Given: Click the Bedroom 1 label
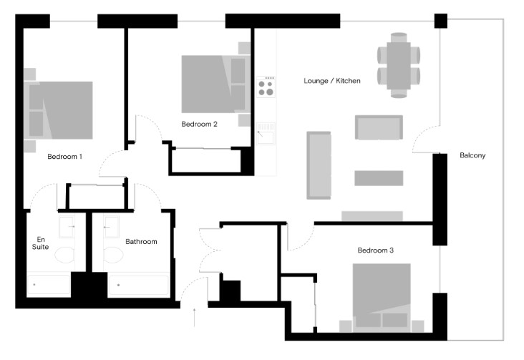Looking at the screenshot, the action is point(64,157).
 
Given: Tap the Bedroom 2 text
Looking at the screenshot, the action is point(199,124).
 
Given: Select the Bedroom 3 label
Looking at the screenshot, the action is point(375,250).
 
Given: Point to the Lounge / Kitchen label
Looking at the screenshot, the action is point(332,81).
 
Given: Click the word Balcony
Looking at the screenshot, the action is point(472,155).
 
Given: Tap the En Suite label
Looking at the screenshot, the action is point(40,243).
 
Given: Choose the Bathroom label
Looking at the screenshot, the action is point(141,242).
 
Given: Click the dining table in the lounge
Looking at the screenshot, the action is point(398,66).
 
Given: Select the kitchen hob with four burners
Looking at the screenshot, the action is point(266,87).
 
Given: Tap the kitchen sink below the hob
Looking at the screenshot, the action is point(266,134).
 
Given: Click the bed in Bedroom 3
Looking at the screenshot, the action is point(382,298).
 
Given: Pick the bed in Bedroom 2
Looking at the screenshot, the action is point(215,84).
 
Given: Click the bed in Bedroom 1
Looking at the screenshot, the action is point(58,110).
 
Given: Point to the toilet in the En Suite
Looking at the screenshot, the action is point(64,255).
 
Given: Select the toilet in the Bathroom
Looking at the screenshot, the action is point(114,255).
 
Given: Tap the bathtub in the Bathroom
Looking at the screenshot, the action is point(138,285).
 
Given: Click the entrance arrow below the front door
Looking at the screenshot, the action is point(194,317).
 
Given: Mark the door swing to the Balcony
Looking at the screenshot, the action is point(425,139).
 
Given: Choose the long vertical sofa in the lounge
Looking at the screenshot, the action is point(319,165).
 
